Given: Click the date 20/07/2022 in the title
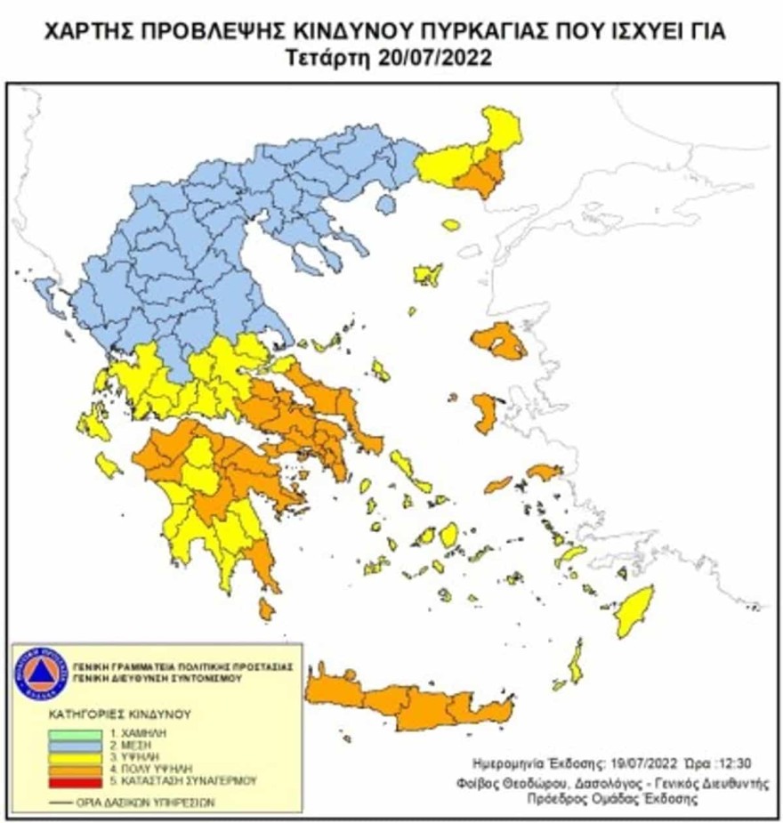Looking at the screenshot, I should coord(436,59).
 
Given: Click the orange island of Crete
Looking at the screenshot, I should coord(409,703).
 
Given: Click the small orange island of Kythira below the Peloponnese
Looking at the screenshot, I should coord(266,609).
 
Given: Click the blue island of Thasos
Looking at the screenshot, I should coord(386,205).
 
